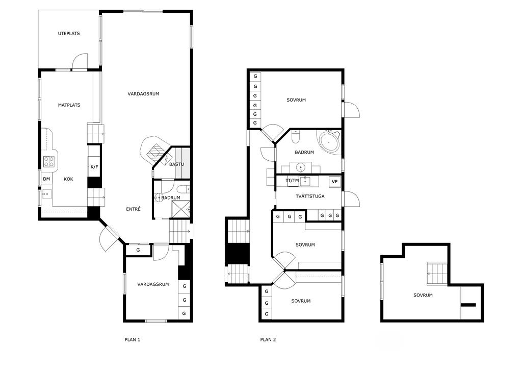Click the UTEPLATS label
pos(69,34)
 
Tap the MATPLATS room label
pos(69,105)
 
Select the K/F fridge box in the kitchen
pos(94,167)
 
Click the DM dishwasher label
pos(46,179)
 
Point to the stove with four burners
pos(49,162)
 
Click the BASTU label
pos(176,164)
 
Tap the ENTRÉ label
pos(133,209)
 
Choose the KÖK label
pos(69,179)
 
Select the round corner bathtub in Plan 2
pos(329,143)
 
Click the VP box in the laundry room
pos(334,182)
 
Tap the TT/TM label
pos(292,181)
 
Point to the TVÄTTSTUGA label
pos(310,197)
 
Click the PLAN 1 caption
pos(133,339)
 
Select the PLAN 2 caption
pos(268,339)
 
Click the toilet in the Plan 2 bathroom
pos(296,137)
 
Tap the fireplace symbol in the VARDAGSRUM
pos(155,152)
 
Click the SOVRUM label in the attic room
pos(423,296)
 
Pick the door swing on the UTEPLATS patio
pos(80,62)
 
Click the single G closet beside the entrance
pos(138,250)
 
